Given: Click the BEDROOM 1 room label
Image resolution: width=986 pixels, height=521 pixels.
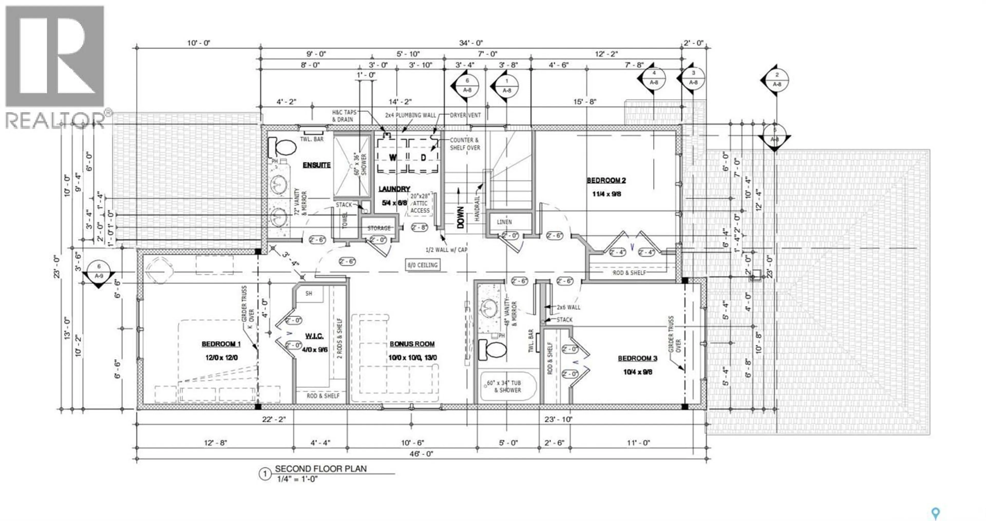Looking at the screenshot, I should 221,344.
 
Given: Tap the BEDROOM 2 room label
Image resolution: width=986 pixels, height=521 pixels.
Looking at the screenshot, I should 606,180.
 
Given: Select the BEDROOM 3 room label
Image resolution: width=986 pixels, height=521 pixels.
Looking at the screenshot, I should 637,359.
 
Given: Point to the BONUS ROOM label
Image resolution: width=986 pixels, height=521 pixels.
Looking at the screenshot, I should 412,344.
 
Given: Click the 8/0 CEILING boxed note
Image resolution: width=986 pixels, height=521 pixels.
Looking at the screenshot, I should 422,265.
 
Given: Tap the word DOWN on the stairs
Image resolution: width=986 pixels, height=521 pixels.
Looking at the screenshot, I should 460,217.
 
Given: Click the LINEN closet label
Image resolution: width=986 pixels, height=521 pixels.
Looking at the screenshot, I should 504,222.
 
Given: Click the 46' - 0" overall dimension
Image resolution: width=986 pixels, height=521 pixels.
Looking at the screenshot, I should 420,454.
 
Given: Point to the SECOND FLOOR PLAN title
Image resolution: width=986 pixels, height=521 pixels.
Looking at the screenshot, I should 320,469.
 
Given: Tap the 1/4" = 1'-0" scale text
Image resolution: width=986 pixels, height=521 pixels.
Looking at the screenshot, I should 297,479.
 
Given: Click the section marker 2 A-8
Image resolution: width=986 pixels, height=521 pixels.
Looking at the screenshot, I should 777,80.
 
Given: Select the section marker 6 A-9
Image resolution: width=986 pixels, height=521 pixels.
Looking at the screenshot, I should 99,271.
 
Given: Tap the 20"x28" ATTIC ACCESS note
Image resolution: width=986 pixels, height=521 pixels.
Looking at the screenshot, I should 420,203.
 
